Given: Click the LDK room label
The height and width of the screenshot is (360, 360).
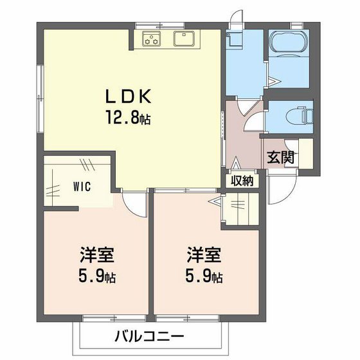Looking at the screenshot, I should point(128,97).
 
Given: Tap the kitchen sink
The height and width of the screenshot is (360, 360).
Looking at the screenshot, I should point(186,39).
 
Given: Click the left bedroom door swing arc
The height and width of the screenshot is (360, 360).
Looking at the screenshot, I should point(136,204).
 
